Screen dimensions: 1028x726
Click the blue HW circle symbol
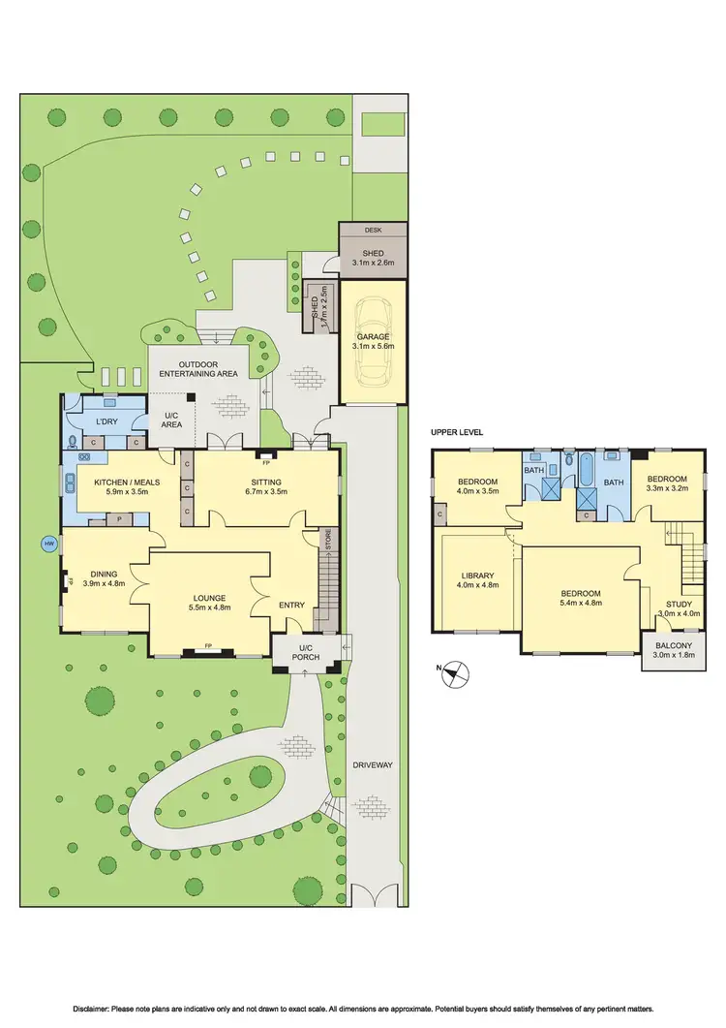tap(48, 545)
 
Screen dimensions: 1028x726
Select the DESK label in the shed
tap(373, 232)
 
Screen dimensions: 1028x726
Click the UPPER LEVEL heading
tap(459, 432)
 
